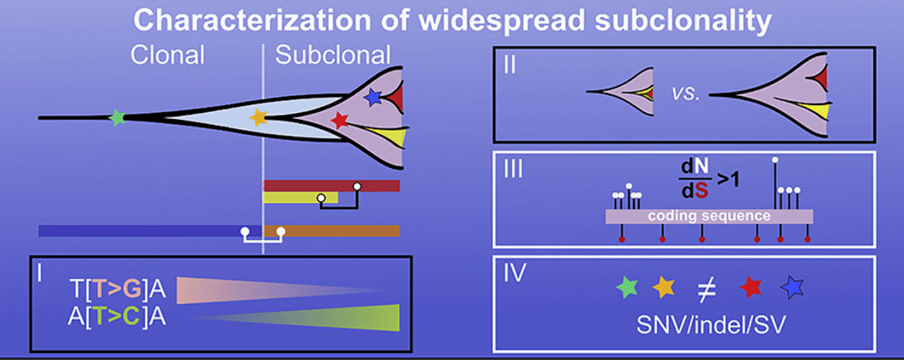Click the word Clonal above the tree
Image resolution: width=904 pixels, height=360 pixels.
click(167, 55)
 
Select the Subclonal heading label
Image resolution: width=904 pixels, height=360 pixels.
click(333, 55)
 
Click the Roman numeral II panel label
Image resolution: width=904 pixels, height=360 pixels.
click(510, 66)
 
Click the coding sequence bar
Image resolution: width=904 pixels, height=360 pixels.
click(709, 216)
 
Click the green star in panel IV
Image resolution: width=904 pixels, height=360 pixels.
click(626, 286)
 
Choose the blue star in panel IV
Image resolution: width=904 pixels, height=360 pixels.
click(792, 287)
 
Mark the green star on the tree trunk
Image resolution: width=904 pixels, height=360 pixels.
click(118, 117)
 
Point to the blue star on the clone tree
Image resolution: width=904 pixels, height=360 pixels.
click(374, 97)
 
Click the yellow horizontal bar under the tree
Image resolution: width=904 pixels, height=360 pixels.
click(300, 198)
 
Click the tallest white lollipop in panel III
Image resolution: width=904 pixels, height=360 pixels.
click(775, 160)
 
